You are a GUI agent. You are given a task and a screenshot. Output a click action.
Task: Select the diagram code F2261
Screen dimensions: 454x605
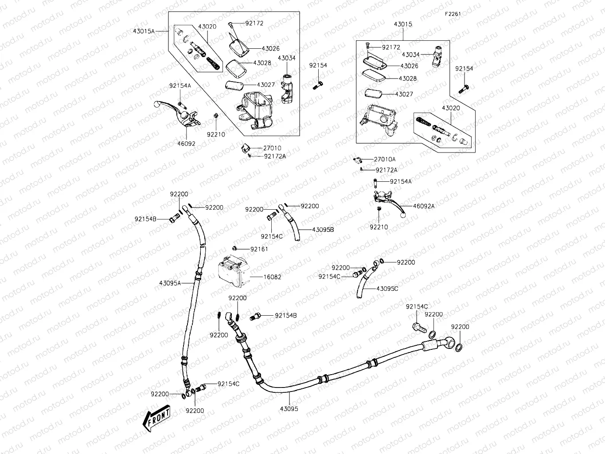(x=453, y=14)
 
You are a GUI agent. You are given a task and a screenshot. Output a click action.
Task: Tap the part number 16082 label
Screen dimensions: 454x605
(x=272, y=277)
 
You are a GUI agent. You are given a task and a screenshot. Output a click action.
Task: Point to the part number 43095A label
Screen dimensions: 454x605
(x=170, y=283)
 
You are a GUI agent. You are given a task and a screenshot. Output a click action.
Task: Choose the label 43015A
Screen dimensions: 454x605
(x=144, y=31)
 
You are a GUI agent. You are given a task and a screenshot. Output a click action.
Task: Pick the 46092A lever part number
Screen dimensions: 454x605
(x=424, y=206)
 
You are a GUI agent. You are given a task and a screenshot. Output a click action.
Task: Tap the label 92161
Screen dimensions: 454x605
(x=259, y=249)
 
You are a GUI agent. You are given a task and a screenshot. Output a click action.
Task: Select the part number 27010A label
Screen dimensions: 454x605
(x=385, y=159)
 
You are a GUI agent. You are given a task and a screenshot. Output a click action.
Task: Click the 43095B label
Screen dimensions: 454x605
(x=323, y=230)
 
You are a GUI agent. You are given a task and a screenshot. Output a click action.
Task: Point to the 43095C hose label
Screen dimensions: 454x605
(x=387, y=289)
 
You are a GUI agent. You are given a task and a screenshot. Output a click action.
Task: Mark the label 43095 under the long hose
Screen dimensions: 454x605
(x=289, y=409)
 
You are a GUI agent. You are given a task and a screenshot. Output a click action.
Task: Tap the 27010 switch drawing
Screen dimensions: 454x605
(x=246, y=147)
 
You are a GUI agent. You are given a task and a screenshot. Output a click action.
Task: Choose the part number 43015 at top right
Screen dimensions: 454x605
(x=402, y=24)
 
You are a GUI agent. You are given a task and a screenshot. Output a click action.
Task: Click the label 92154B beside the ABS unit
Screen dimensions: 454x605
(x=285, y=316)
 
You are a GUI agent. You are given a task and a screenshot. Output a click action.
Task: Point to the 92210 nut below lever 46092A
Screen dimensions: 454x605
(x=379, y=208)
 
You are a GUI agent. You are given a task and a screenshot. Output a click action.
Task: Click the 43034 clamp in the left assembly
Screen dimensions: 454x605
(x=286, y=89)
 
